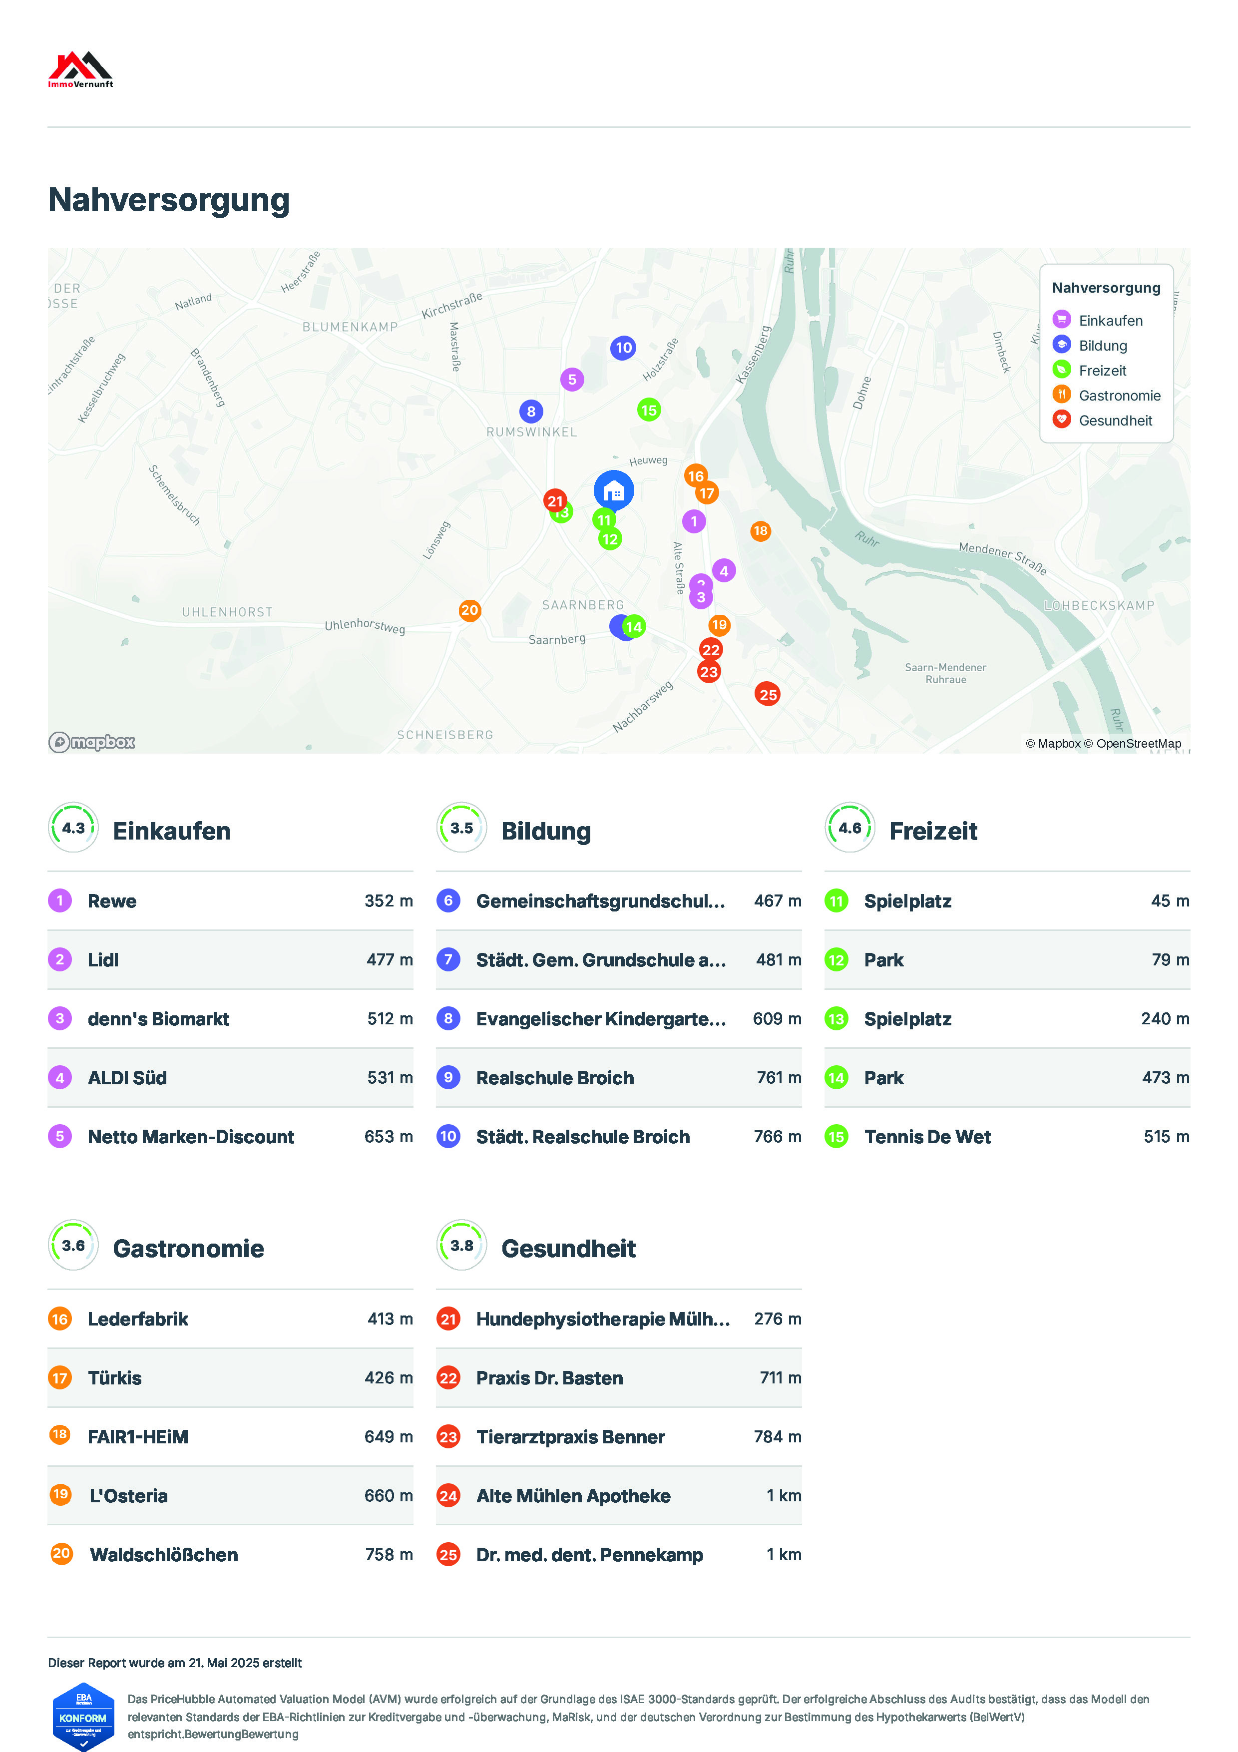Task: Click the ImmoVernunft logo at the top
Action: [80, 69]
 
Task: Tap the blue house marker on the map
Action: [613, 490]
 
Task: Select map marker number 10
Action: [623, 348]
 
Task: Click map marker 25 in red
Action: [768, 694]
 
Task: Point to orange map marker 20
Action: [470, 610]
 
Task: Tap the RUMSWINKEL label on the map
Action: [532, 432]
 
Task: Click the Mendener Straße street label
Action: [1002, 558]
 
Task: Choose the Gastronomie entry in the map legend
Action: [1119, 395]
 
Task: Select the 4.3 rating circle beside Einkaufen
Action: [73, 828]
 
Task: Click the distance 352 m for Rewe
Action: [388, 901]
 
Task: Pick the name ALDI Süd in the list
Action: [127, 1078]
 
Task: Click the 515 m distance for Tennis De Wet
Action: [1166, 1137]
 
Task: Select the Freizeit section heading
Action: [933, 831]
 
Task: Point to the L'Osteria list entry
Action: [128, 1496]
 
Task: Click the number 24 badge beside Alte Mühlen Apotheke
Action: [448, 1496]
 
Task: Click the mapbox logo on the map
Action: [91, 742]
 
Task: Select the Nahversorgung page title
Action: [169, 200]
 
